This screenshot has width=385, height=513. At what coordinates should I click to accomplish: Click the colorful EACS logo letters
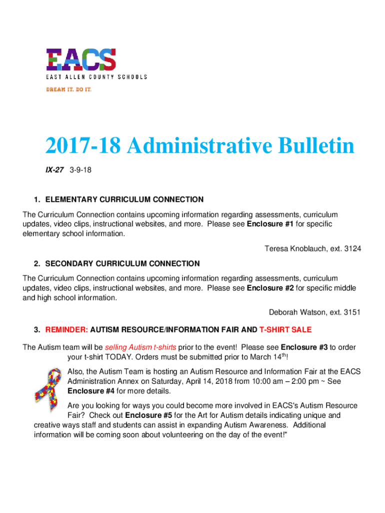[81, 60]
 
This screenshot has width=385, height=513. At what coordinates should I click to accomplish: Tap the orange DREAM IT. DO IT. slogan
[69, 89]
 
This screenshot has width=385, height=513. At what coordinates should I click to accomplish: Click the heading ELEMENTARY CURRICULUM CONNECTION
[124, 199]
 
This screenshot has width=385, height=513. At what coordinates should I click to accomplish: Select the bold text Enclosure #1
[270, 224]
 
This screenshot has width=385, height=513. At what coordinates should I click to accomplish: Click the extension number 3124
[351, 248]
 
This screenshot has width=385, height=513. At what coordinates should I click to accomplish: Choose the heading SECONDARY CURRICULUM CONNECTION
[122, 264]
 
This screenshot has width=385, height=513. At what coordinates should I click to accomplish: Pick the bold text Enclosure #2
[270, 288]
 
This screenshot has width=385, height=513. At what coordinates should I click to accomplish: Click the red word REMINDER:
[67, 330]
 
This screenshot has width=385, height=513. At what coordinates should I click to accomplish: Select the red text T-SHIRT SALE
[285, 330]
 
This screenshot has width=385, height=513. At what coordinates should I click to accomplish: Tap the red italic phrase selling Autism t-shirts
[140, 347]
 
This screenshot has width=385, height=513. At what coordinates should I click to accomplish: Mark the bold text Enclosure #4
[90, 391]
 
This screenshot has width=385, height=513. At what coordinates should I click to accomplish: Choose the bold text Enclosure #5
[148, 415]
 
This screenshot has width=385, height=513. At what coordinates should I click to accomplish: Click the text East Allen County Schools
[96, 77]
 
